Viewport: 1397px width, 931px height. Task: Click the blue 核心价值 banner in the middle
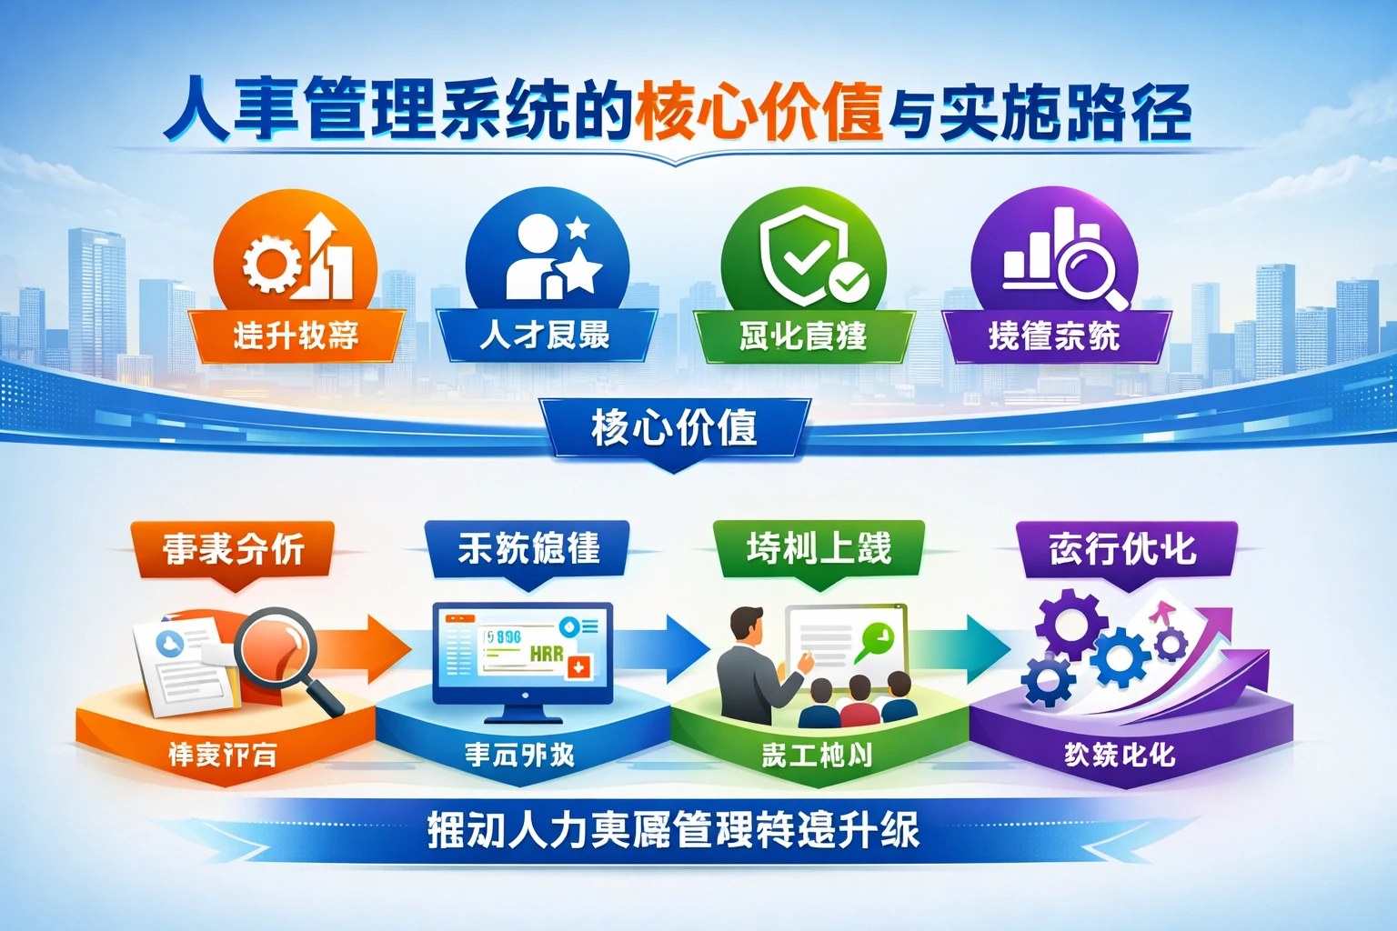674,427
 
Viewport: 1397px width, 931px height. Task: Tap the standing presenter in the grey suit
749,673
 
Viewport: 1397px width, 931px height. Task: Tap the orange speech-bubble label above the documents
233,549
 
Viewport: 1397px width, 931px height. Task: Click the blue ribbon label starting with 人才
546,335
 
